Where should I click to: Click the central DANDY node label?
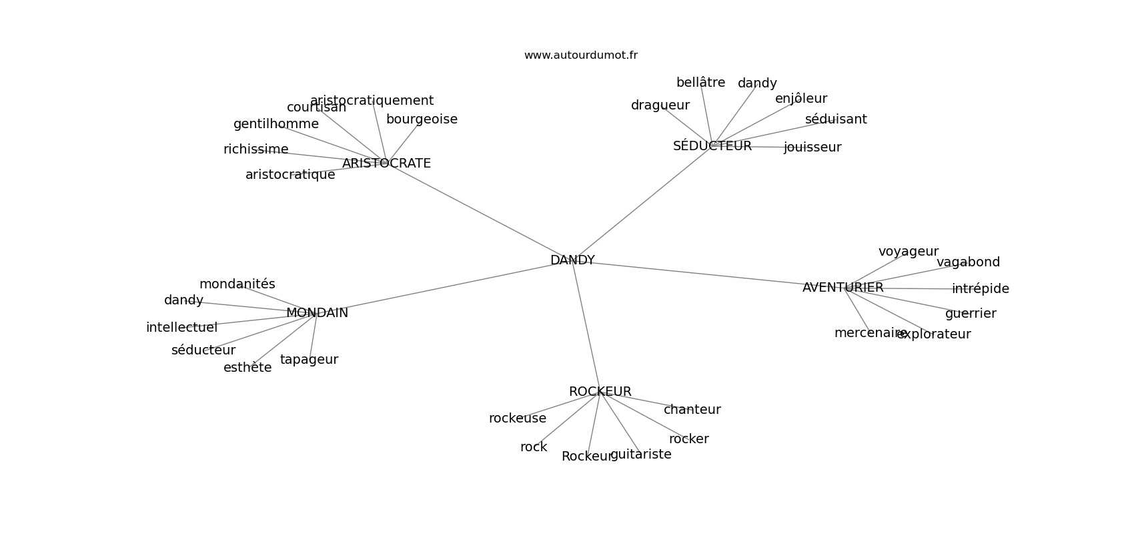[572, 260]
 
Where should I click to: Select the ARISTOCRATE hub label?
[386, 163]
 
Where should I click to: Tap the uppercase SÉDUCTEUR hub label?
[712, 146]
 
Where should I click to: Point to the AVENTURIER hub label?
[843, 287]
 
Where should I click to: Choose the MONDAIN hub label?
[317, 312]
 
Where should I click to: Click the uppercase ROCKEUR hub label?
[600, 392]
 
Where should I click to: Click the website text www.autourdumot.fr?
[580, 55]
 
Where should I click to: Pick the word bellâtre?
[700, 82]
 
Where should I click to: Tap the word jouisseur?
[812, 147]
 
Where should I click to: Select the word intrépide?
[981, 288]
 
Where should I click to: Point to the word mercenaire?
[871, 333]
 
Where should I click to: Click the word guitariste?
[641, 455]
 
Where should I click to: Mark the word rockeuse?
[518, 418]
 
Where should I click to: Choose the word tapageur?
[309, 359]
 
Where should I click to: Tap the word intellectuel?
[181, 327]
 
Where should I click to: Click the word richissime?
[255, 149]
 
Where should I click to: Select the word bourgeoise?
[422, 119]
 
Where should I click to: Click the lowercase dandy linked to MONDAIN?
[183, 300]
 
